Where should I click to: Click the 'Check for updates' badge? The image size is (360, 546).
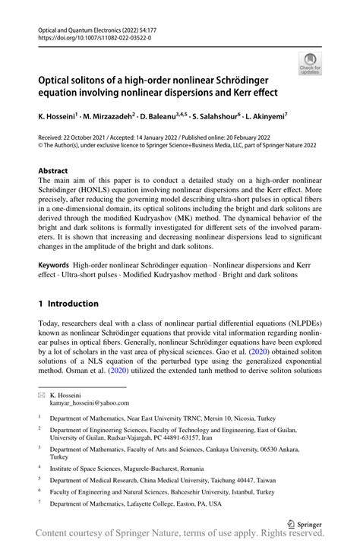[310, 64]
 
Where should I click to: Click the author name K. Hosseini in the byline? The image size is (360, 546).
[62, 118]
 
